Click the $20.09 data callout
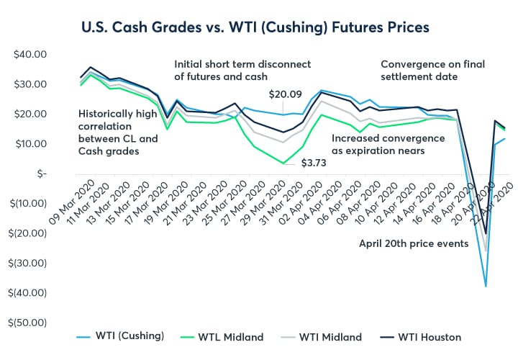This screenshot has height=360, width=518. [x=285, y=94]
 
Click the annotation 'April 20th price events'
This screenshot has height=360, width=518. [x=414, y=243]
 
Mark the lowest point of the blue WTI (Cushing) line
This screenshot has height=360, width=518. [x=486, y=287]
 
